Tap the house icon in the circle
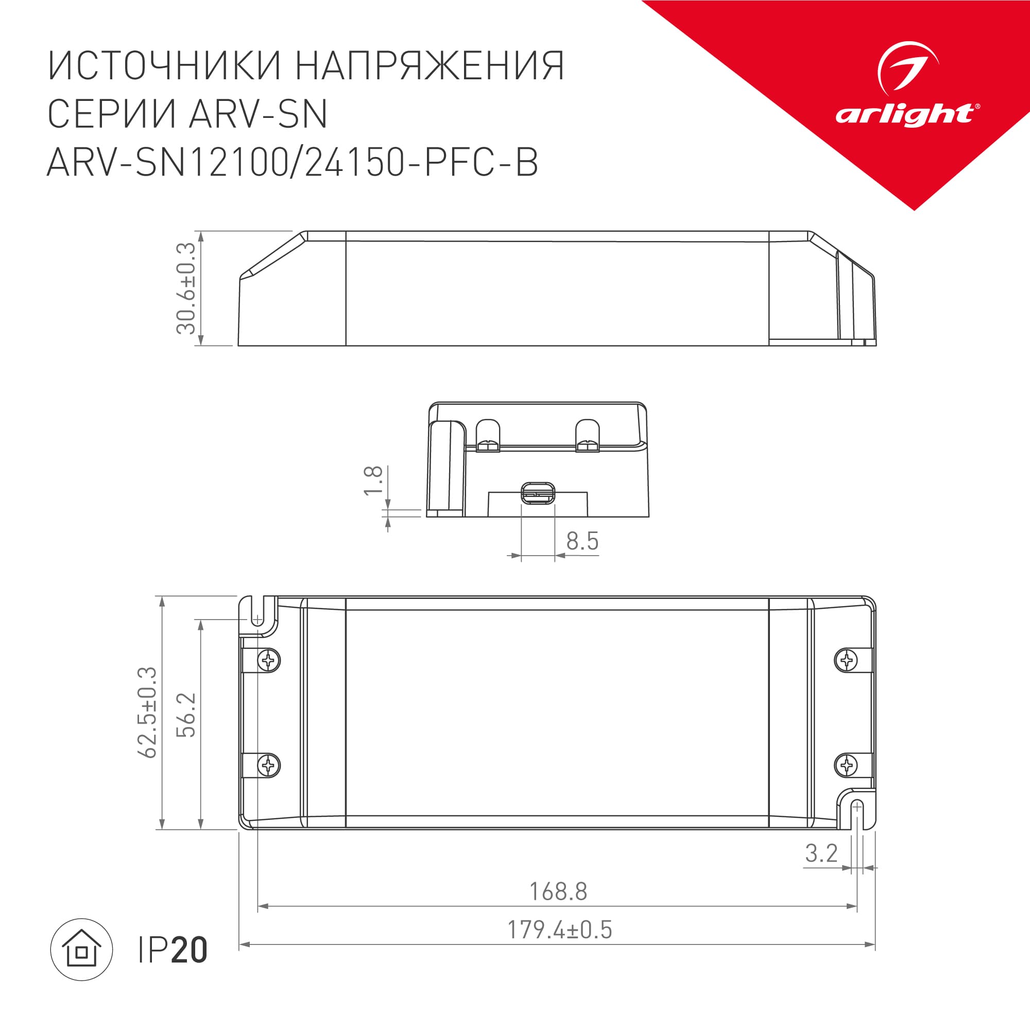click(81, 949)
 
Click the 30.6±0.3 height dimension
click(186, 288)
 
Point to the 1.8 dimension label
click(373, 480)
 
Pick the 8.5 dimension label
click(582, 541)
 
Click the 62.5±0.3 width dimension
click(148, 712)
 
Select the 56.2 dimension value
click(186, 715)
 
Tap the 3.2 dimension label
click(821, 853)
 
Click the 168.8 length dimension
click(558, 891)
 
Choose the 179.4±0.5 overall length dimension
click(559, 930)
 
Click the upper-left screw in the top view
click(269, 661)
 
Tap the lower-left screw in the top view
click(269, 766)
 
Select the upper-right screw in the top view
click(846, 661)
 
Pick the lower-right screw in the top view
click(846, 766)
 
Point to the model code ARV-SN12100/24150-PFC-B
click(293, 163)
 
